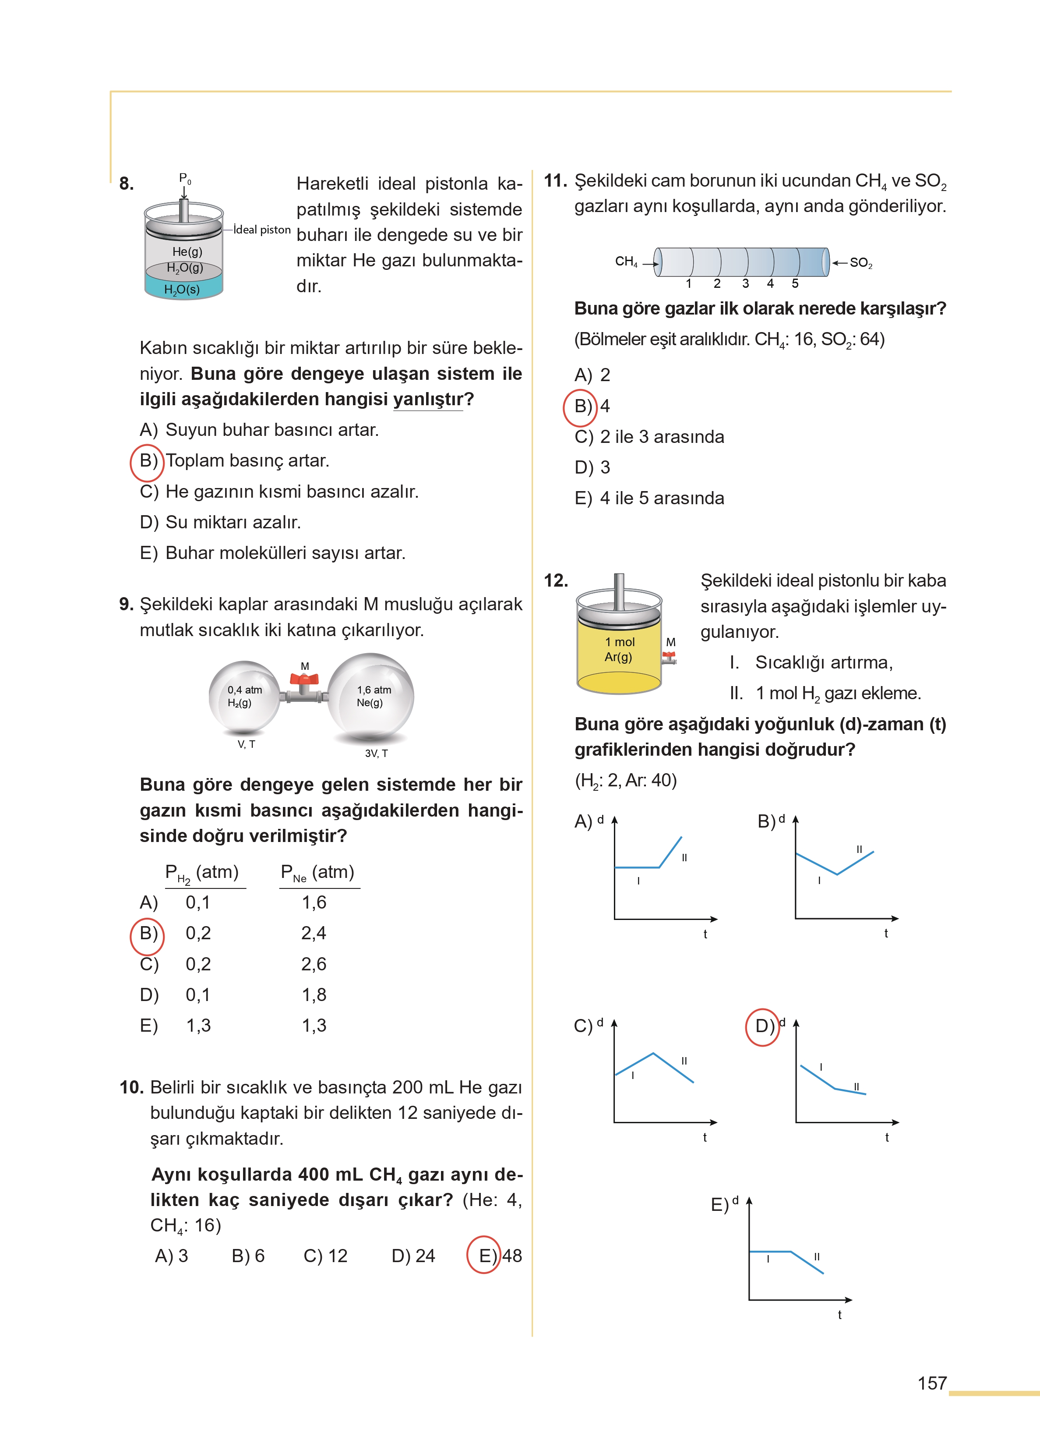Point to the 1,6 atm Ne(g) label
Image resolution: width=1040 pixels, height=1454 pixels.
374,696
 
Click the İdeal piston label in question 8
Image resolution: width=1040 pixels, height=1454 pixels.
262,229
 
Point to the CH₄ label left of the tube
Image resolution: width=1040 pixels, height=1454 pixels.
626,262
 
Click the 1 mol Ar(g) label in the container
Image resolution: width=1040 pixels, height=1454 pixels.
619,649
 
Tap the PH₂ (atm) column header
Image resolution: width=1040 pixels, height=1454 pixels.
202,872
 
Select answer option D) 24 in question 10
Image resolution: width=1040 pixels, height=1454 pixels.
413,1256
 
